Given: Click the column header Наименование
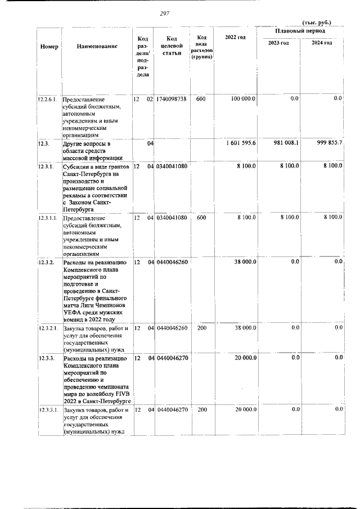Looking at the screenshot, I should [x=97, y=46].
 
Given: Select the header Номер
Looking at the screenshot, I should [x=49, y=46].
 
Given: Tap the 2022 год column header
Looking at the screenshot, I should [x=235, y=37].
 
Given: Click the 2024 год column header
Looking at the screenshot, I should [x=322, y=43].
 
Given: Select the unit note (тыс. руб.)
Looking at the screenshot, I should [x=317, y=22].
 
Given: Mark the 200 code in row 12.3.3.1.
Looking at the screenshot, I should [x=202, y=410].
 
